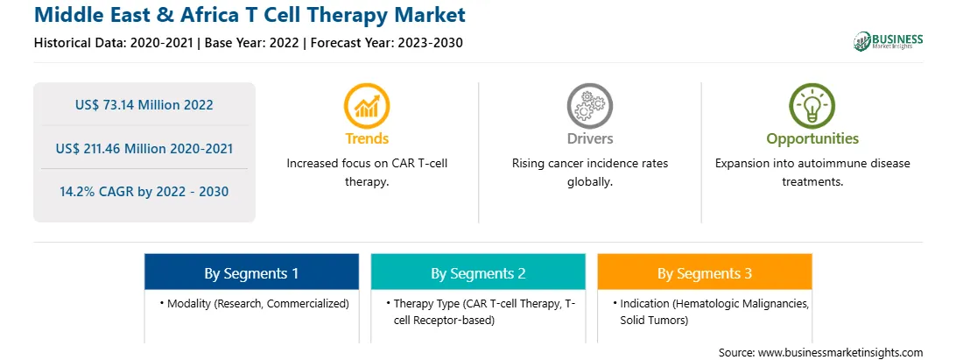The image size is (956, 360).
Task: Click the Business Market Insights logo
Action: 889,41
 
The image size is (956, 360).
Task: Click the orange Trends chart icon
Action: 367,106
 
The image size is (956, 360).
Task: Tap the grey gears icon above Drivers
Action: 589,106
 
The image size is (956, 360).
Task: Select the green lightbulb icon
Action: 812,106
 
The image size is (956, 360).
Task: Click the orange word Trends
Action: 367,138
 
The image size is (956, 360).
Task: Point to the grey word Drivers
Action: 589,138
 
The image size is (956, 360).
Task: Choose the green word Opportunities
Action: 812,139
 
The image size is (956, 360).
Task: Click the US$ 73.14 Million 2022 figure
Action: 144,105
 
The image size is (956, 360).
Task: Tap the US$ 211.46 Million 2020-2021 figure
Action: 144,148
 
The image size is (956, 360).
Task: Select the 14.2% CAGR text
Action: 144,192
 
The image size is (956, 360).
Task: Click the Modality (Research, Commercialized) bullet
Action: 255,303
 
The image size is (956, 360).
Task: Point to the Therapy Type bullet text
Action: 481,312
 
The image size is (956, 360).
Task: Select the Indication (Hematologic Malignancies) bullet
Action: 712,312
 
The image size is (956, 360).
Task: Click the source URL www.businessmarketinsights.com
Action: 840,353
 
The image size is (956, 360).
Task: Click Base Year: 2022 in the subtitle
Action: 251,43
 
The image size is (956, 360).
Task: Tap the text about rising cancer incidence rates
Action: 589,173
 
